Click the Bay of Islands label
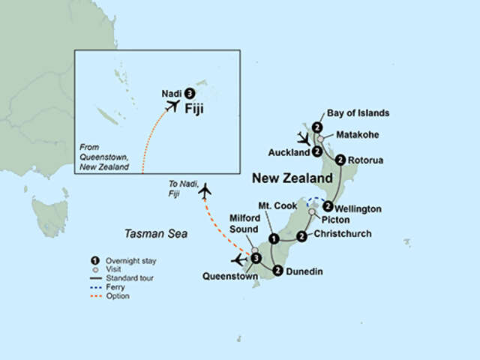359,113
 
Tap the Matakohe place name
357,136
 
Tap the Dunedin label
305,271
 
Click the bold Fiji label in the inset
195,108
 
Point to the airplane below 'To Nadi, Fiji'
204,192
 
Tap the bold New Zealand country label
292,178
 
